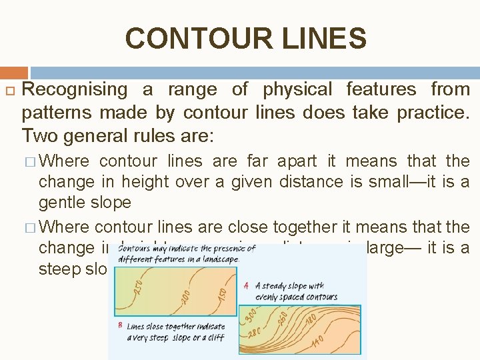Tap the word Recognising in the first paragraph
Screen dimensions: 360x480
(75, 89)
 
